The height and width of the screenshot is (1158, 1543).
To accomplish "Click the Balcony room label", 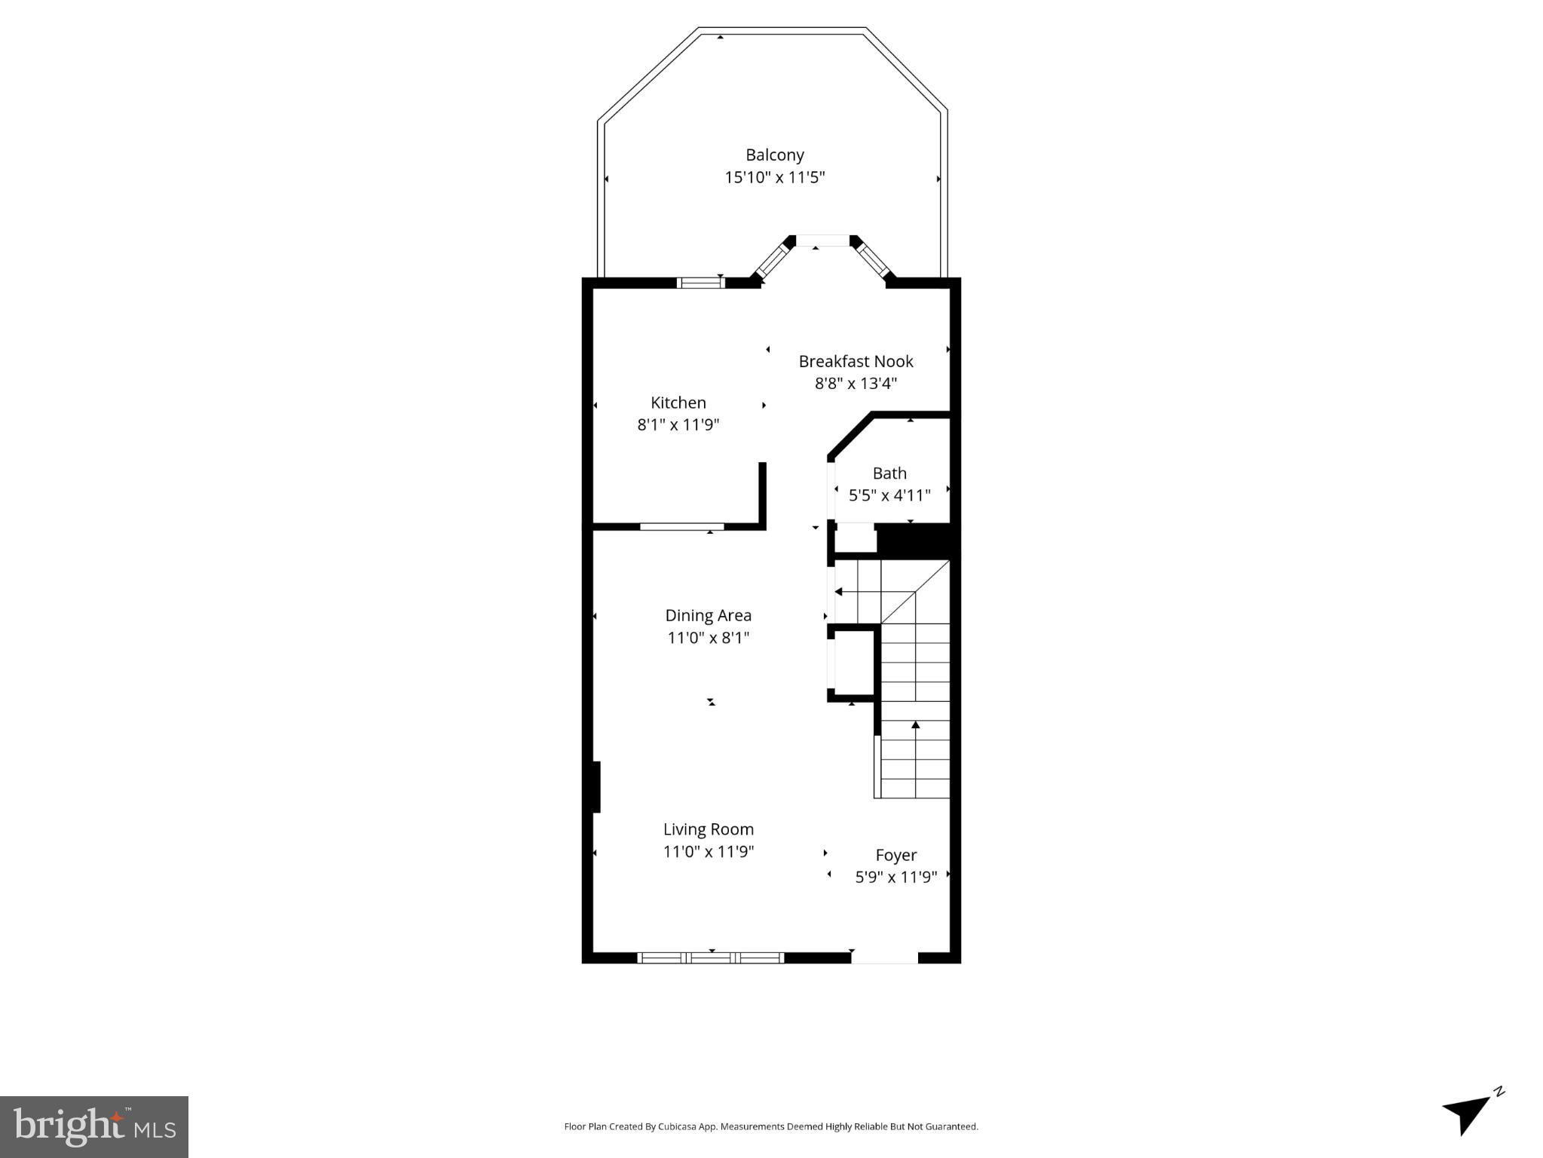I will coord(774,155).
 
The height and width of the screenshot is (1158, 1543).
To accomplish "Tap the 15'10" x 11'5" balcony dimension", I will coord(774,178).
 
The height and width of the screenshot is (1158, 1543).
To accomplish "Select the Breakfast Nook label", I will coord(856,361).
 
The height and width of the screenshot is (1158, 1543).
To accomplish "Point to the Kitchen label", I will coord(678,403).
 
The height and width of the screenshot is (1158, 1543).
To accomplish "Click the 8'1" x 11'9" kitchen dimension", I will coord(678,424).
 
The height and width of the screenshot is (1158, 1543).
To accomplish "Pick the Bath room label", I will coord(889,473).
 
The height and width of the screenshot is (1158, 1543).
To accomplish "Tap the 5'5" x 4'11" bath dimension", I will coord(889,495).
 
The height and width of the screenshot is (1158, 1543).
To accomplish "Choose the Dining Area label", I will coord(708,615).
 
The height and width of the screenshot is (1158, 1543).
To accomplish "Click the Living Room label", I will coord(708,829).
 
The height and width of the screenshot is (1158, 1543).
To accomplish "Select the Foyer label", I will coord(895,855).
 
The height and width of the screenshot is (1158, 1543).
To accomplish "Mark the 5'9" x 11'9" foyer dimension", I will coord(895,877).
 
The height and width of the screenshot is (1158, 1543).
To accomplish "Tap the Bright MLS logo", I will coord(94,1126).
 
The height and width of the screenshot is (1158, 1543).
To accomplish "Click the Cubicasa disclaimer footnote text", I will coord(770,1127).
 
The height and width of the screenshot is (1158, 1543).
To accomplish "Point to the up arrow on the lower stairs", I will coord(915,726).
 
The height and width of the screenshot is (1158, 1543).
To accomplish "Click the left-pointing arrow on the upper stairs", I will coord(839,592).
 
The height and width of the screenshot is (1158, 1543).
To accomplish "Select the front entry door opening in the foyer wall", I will coord(884,958).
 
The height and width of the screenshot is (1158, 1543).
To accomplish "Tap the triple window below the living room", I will coord(710,958).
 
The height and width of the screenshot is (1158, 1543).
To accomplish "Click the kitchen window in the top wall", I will coord(700,283).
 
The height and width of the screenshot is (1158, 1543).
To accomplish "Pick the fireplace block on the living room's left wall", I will coord(595,786).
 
